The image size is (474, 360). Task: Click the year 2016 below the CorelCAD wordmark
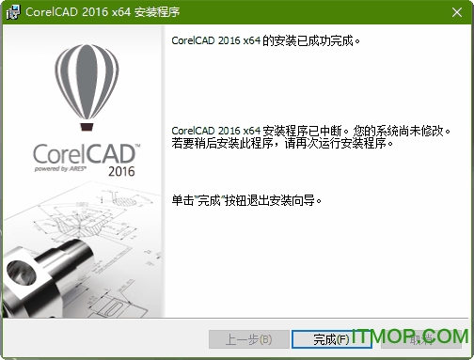pos(121,172)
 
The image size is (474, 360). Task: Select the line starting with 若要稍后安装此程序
pos(282,143)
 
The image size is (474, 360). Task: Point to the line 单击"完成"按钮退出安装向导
pos(254,199)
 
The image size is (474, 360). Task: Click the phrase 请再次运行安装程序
pos(358,143)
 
